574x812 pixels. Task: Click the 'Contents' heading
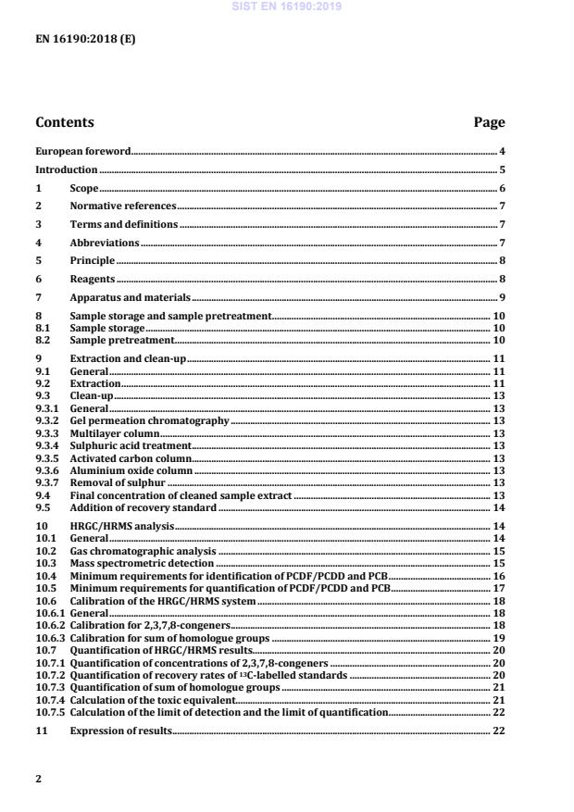pos(64,122)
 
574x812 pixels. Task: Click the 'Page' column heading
pos(489,122)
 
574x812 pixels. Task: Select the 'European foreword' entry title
pos(82,151)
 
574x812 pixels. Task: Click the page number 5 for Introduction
pos(502,170)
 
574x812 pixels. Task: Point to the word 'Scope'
pos(84,189)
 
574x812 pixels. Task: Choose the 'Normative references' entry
pos(122,206)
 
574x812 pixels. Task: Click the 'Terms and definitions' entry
pos(124,225)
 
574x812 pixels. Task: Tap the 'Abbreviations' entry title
pos(105,243)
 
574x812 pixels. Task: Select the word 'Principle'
pos(93,261)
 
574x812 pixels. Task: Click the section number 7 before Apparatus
pos(38,297)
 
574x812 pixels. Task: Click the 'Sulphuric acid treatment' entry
pos(131,446)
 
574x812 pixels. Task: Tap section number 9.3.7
pos(47,483)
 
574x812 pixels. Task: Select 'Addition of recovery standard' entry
pos(143,508)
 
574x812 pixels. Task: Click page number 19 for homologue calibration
pos(498,639)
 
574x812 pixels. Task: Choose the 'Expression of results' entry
pos(121,731)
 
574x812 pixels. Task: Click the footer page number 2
pos(38,779)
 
